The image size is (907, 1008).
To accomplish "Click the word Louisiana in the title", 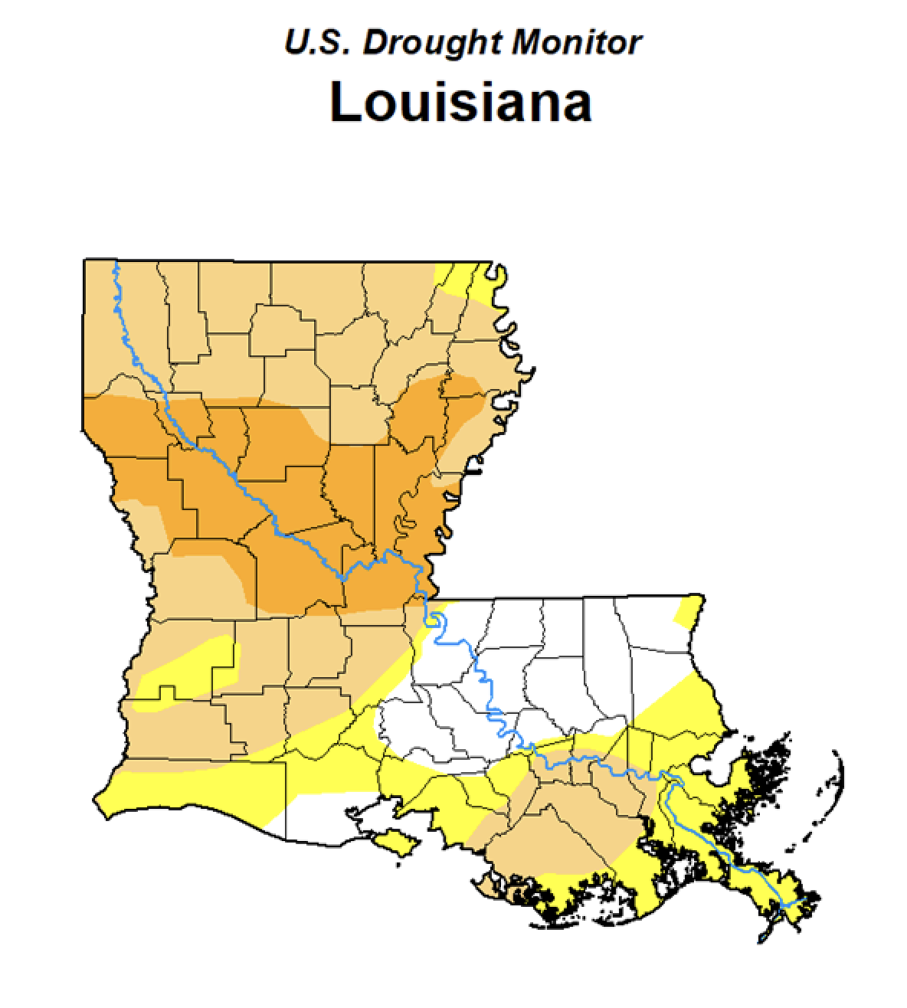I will pyautogui.click(x=460, y=102).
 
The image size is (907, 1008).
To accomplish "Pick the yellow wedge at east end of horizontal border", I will pyautogui.click(x=689, y=610).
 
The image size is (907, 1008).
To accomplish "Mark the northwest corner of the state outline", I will pyautogui.click(x=83, y=261).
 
